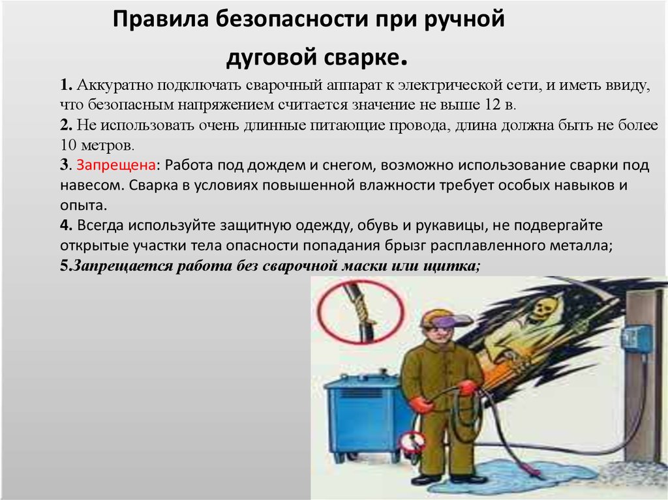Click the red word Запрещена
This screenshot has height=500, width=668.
[x=116, y=165]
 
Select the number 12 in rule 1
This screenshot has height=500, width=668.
[x=493, y=104]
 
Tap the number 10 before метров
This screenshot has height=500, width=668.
[x=68, y=145]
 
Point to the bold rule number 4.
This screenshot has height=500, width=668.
[x=66, y=226]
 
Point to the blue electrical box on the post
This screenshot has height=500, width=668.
[x=636, y=338]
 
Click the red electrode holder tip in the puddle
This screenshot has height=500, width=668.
[x=535, y=471]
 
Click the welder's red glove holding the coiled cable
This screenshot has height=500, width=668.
[x=467, y=388]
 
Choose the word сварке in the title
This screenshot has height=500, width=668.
[x=362, y=57]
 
